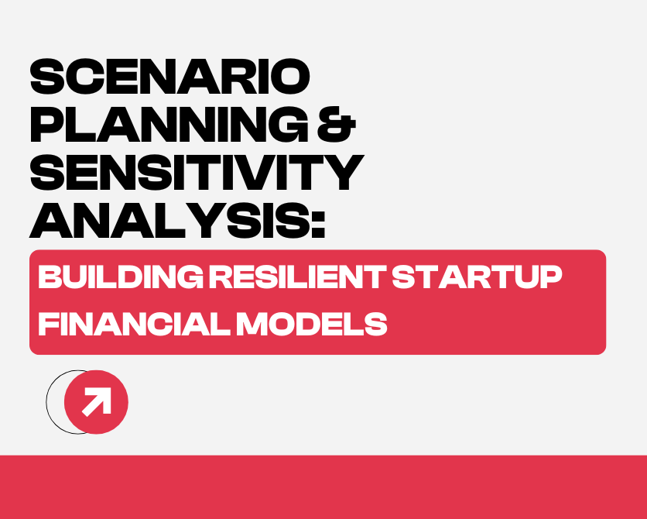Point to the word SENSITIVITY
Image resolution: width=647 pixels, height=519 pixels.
coord(196,174)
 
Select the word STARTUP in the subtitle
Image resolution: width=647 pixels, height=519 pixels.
coord(477,277)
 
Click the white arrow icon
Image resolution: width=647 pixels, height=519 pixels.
coord(97,402)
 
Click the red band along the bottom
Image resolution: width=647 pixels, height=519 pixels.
coord(323,487)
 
